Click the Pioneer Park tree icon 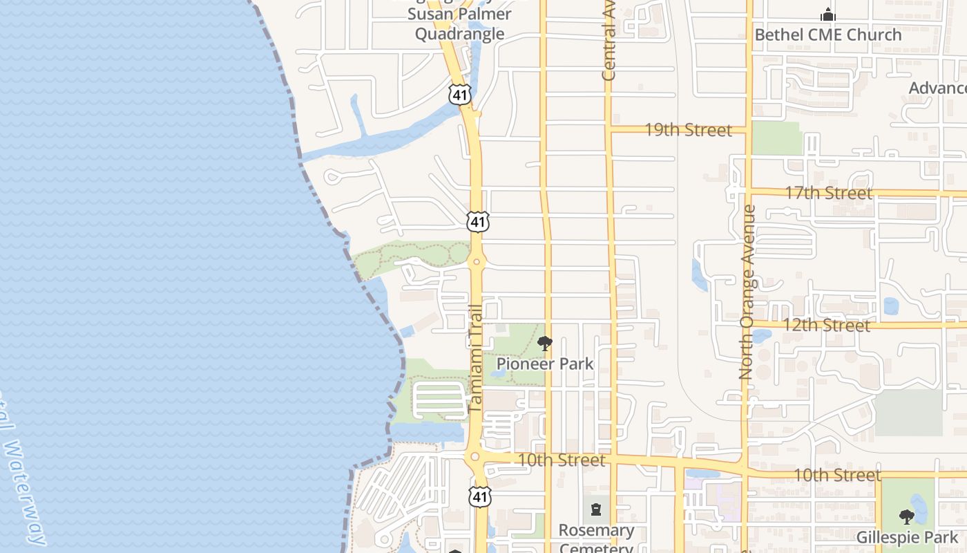(545, 343)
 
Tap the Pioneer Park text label (545, 363)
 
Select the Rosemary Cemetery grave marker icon (595, 511)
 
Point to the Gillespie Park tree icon (907, 516)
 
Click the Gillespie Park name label (907, 537)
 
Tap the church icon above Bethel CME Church (827, 15)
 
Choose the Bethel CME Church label (827, 35)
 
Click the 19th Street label (688, 130)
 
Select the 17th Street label (828, 193)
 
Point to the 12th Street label (826, 325)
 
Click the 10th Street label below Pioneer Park (561, 460)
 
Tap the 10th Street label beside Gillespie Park (837, 475)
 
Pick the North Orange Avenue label (747, 292)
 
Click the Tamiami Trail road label (475, 359)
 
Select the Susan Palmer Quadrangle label (460, 24)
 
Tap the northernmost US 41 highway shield (459, 94)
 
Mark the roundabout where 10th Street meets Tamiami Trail (475, 457)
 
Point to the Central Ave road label (609, 48)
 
